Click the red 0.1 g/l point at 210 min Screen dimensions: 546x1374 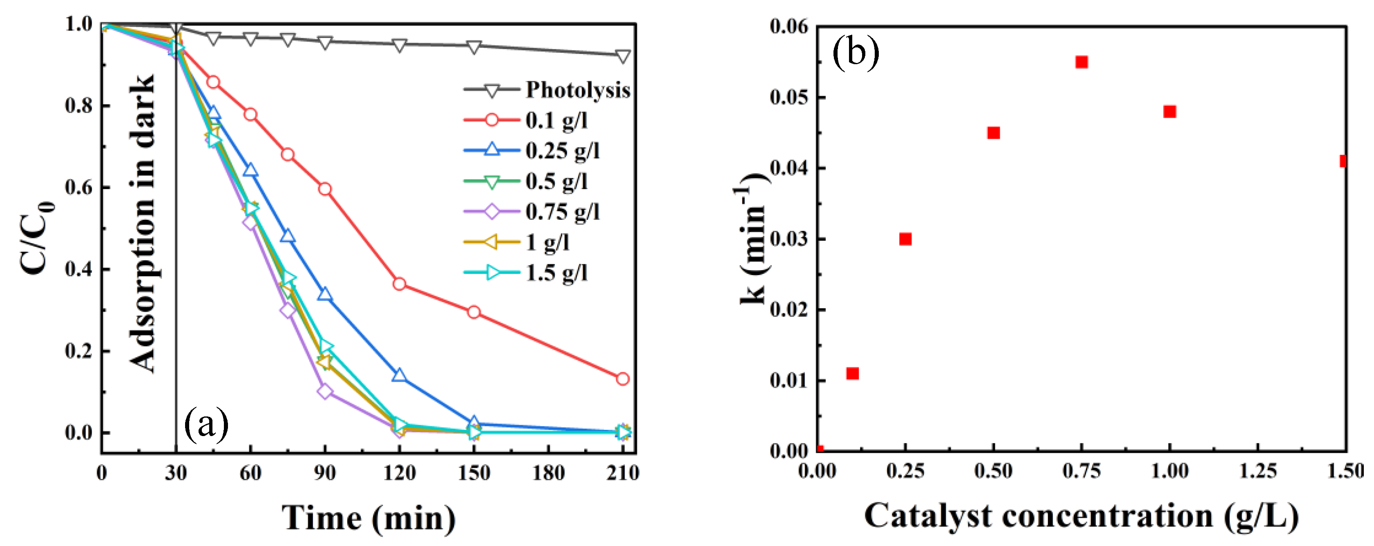[x=622, y=379]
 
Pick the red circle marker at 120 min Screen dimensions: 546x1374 [x=399, y=284]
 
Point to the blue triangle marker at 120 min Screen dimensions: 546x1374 [x=399, y=376]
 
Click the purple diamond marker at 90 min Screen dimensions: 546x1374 [x=325, y=391]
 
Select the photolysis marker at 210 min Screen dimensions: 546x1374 [x=622, y=56]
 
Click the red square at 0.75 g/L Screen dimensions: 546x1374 [x=1081, y=62]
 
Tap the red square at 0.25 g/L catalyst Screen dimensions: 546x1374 [x=905, y=239]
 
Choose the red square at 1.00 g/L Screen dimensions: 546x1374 [x=1169, y=112]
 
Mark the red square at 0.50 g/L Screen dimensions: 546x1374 [x=993, y=133]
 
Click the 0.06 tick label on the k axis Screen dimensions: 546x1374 [x=789, y=26]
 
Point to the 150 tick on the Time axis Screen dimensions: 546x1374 [x=474, y=472]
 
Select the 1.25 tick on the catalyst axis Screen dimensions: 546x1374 [x=1257, y=471]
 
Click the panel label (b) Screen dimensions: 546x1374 [x=856, y=52]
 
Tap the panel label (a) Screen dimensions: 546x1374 [x=206, y=424]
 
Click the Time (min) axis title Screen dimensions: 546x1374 [x=369, y=518]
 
